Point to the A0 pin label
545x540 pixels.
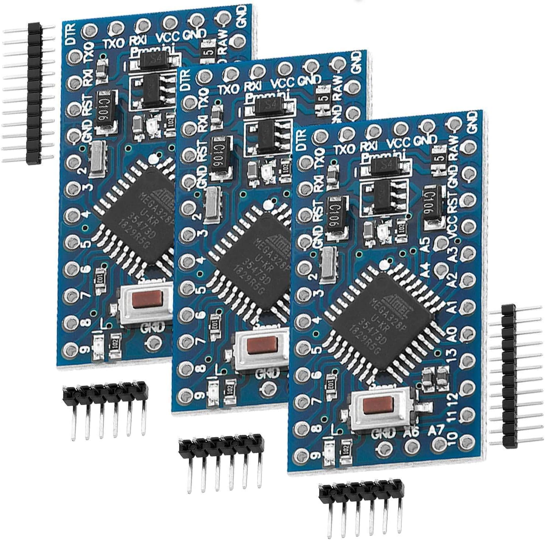coord(452,335)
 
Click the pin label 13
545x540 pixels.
coord(452,358)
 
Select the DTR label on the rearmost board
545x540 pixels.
coord(71,34)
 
